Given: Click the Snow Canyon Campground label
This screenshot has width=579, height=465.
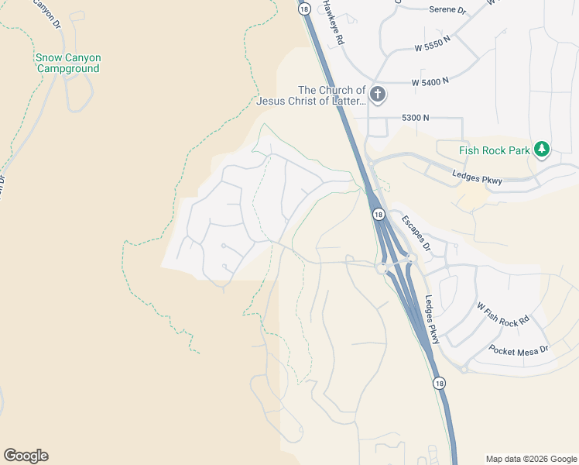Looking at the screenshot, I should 68,64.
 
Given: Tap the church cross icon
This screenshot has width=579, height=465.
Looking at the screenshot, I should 378,95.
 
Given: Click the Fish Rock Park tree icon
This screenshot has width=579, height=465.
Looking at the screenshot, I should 543,149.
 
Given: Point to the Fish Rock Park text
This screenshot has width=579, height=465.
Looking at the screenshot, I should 494,150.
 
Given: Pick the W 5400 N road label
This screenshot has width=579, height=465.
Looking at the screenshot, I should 430,82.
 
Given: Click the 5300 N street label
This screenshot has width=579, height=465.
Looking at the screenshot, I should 415,118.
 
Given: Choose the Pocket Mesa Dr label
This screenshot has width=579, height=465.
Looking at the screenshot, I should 519,350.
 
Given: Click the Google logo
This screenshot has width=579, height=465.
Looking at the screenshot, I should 26,456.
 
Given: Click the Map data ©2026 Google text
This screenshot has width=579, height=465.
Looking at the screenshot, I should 531,459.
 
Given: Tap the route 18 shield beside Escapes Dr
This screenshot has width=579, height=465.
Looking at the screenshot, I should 378,215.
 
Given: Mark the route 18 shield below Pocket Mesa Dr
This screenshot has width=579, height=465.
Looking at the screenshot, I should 439,383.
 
